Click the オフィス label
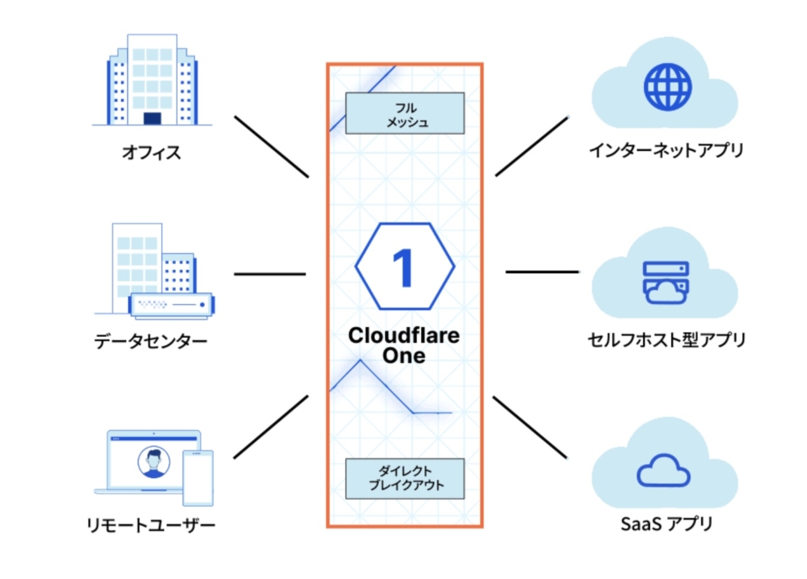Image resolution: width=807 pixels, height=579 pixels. (151, 153)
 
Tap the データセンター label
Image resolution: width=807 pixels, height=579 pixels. (151, 341)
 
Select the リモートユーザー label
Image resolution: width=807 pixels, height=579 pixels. (151, 526)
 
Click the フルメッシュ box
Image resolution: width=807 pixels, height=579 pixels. (405, 113)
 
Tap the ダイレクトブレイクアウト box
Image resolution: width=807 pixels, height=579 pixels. (405, 479)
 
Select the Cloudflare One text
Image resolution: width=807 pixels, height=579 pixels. (404, 345)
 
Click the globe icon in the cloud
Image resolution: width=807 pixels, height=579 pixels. (667, 86)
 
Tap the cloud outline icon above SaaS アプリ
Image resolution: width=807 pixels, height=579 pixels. (663, 471)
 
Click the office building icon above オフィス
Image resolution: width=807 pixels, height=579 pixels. (151, 79)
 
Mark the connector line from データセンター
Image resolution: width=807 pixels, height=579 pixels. (269, 274)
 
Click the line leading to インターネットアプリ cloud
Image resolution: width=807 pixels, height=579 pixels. (532, 146)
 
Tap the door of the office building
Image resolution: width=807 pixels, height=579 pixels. (152, 118)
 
